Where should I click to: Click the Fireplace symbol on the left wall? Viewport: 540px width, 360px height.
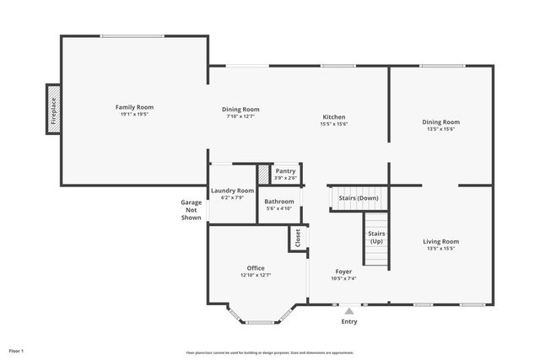[x=53, y=109]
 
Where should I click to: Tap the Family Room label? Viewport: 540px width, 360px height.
[x=134, y=107]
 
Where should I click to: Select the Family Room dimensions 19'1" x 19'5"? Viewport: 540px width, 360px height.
[x=134, y=114]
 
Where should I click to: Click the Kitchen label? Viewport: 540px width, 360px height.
[x=334, y=116]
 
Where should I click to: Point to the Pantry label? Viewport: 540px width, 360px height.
[x=285, y=170]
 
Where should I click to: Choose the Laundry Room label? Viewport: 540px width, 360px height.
[x=232, y=191]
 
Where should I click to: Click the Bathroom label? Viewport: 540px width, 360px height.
[x=278, y=201]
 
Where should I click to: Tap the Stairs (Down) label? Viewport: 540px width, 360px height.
[x=359, y=198]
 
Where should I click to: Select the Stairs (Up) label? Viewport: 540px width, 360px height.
[x=376, y=238]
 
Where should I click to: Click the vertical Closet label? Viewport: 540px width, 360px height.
[x=298, y=239]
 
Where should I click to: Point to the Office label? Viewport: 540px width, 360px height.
[x=256, y=267]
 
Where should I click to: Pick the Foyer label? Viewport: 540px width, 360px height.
[x=343, y=271]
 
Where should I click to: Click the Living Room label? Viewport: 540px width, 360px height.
[x=441, y=241]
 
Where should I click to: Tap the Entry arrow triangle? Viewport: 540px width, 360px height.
[x=349, y=311]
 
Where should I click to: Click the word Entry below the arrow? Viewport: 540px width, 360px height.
[x=349, y=321]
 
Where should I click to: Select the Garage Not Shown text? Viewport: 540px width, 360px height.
[x=191, y=210]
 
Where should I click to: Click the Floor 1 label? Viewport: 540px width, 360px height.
[x=16, y=350]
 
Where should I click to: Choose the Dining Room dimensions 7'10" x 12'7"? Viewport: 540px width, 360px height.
[x=240, y=116]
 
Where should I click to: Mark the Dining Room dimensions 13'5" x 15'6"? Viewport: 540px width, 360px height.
[x=441, y=129]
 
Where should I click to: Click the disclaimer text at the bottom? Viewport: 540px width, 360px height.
[x=270, y=352]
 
